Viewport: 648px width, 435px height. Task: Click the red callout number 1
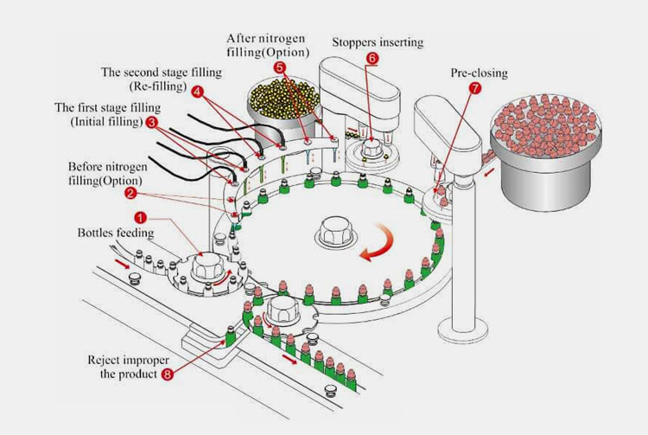click(141, 216)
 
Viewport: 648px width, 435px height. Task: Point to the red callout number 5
click(279, 67)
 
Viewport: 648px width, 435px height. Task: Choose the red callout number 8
click(167, 374)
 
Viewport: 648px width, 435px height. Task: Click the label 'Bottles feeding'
click(116, 233)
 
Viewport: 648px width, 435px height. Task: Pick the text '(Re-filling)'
click(160, 86)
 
